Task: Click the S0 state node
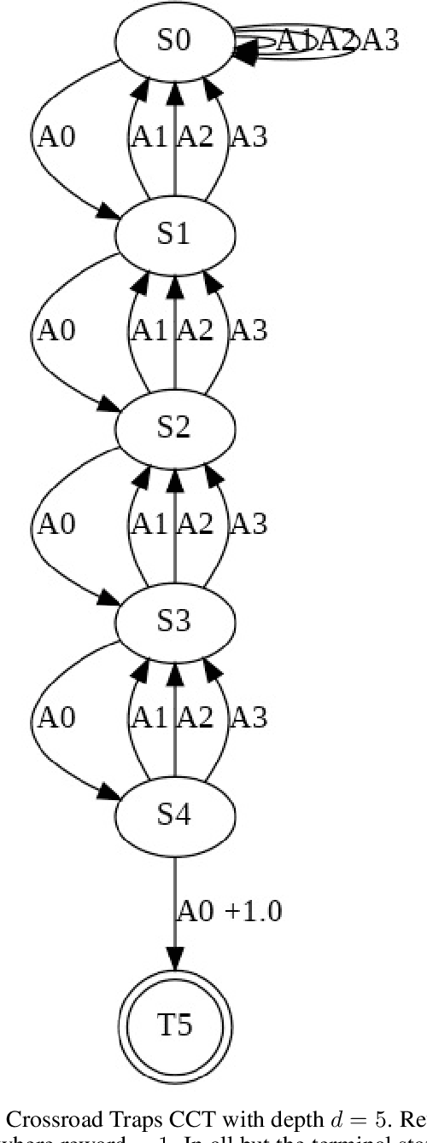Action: (x=174, y=41)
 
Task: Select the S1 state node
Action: (x=174, y=235)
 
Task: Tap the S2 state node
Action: (x=174, y=427)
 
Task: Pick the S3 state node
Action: (x=174, y=621)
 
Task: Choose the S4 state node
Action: (x=174, y=815)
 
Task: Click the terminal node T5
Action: (x=174, y=1025)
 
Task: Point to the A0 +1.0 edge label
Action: (x=229, y=911)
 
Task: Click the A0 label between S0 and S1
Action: (x=56, y=136)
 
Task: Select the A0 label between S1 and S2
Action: (x=56, y=330)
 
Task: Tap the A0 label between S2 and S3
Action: (x=56, y=524)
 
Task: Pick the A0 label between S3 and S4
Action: (x=56, y=717)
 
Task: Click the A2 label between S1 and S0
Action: (x=195, y=136)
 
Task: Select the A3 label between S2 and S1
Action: (x=249, y=330)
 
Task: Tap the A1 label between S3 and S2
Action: (x=149, y=524)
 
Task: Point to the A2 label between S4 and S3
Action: (x=195, y=717)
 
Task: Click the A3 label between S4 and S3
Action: (x=249, y=717)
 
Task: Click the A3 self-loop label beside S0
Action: (x=379, y=40)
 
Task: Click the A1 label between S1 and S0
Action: (x=149, y=136)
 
